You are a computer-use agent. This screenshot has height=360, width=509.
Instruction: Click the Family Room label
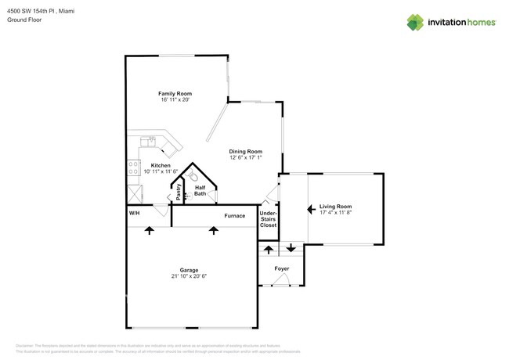(175, 93)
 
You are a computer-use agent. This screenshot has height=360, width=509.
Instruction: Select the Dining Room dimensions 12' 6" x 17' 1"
(245, 157)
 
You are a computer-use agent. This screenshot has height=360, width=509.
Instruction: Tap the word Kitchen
(161, 165)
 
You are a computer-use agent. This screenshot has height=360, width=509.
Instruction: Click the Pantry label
(179, 193)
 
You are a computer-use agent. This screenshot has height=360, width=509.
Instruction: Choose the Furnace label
(235, 215)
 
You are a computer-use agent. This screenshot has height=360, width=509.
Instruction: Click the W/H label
(134, 214)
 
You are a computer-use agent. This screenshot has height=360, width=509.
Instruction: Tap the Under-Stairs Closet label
(268, 218)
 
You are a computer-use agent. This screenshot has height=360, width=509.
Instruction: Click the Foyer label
(281, 268)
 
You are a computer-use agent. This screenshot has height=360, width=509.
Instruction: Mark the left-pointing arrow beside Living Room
(311, 209)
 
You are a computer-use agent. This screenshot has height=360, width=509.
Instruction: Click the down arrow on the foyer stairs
(291, 248)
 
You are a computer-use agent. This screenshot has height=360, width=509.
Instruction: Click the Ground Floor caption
(23, 20)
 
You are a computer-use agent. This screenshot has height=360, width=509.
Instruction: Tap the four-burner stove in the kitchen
(132, 167)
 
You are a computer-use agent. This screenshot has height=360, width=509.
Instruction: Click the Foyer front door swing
(281, 280)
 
